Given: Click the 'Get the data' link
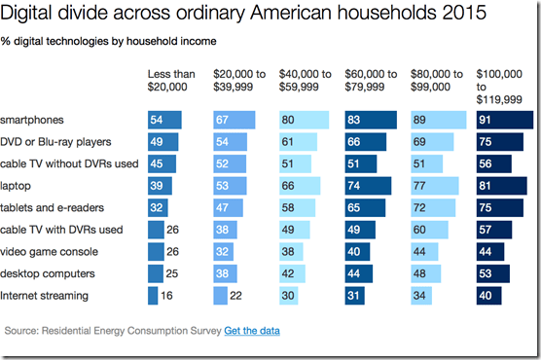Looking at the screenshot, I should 252,331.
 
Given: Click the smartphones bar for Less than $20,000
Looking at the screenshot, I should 164,120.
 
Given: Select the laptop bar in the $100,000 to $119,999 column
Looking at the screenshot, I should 503,186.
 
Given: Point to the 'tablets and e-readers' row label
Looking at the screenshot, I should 52,207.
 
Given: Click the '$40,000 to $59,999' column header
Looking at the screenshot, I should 305,80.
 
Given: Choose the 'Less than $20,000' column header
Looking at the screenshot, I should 170,80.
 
